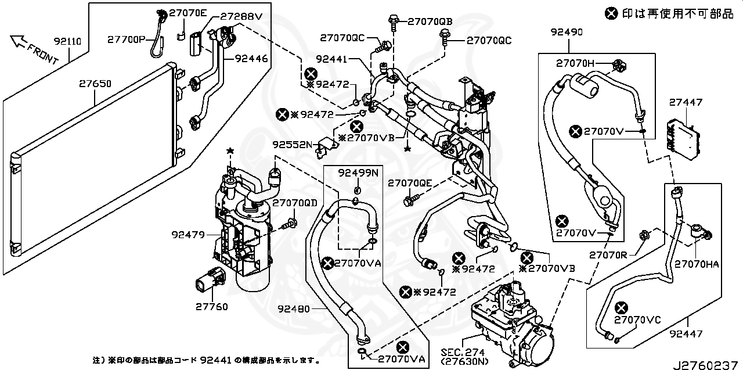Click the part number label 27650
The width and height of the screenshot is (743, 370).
click(95, 84)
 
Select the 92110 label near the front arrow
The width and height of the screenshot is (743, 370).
click(67, 41)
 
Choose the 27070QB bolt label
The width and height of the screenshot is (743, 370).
click(430, 21)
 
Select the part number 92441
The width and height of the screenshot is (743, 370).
click(331, 59)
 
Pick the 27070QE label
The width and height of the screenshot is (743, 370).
click(410, 183)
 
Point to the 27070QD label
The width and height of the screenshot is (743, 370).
click(295, 203)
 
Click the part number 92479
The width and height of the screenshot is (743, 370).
click(187, 235)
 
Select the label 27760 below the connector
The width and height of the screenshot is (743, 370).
click(211, 307)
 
